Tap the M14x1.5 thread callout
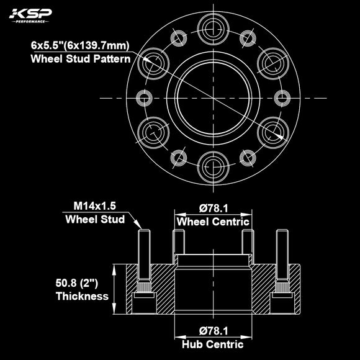[95, 205]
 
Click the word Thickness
[82, 297]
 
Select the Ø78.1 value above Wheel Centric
[214, 209]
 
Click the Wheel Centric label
[214, 222]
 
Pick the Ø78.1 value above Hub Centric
[214, 331]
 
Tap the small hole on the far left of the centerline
[144, 97]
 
